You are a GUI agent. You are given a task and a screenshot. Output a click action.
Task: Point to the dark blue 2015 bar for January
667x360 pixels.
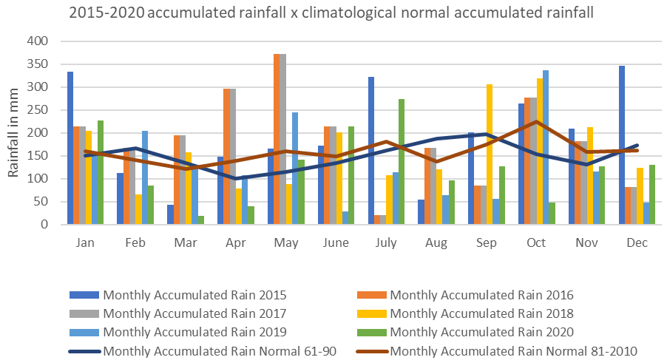tap(70, 148)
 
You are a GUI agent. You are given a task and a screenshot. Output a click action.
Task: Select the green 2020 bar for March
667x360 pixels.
tap(200, 220)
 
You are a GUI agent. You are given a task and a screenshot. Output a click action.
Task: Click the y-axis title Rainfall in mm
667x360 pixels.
tap(14, 133)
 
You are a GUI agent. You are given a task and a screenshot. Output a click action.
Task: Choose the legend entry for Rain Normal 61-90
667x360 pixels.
tap(220, 350)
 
